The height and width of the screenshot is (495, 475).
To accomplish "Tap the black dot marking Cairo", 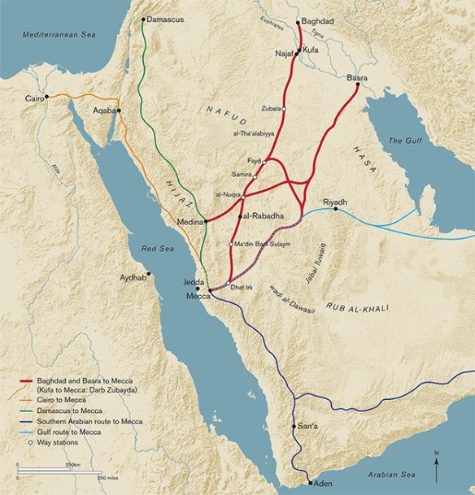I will coord(47,97).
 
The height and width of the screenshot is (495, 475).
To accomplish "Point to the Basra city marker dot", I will coord(359,85).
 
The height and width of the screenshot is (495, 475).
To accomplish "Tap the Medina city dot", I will coord(206,220).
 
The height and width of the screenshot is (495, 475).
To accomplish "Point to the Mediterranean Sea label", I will coord(48,36).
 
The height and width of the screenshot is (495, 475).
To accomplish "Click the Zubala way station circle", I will coord(285,108).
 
